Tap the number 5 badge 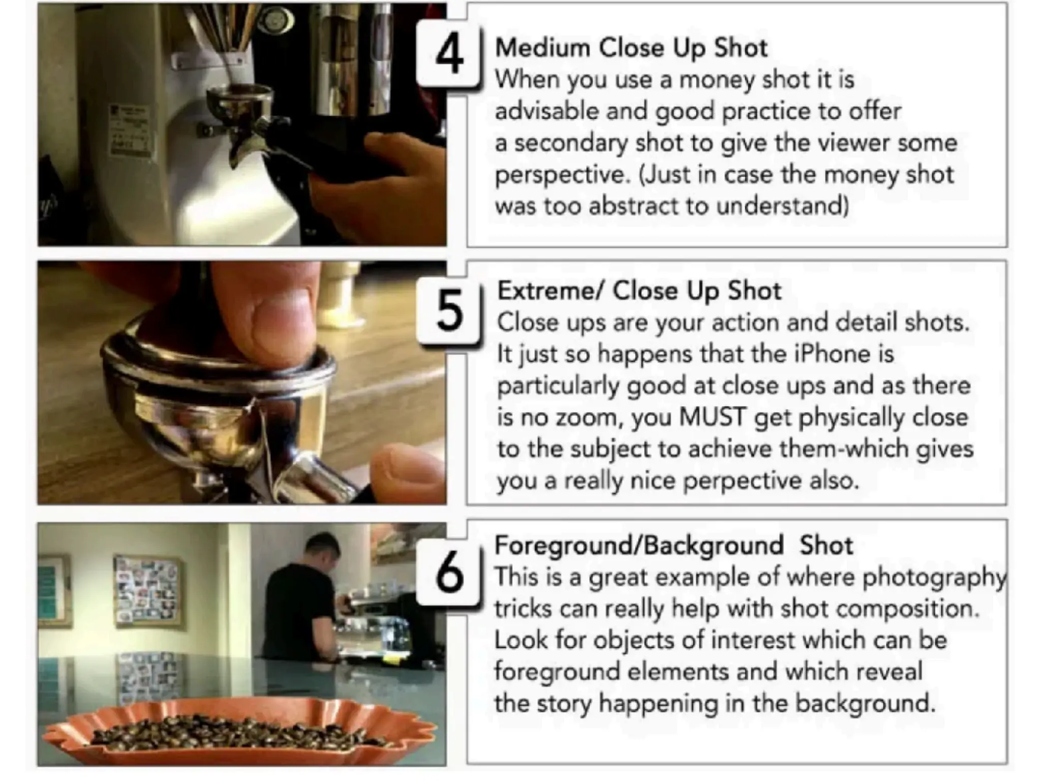pyautogui.click(x=449, y=311)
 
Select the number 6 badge pyautogui.click(x=449, y=573)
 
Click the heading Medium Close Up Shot pyautogui.click(x=631, y=48)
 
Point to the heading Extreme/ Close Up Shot pyautogui.click(x=639, y=291)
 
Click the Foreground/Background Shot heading pyautogui.click(x=673, y=546)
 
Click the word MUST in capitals pyautogui.click(x=713, y=417)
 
